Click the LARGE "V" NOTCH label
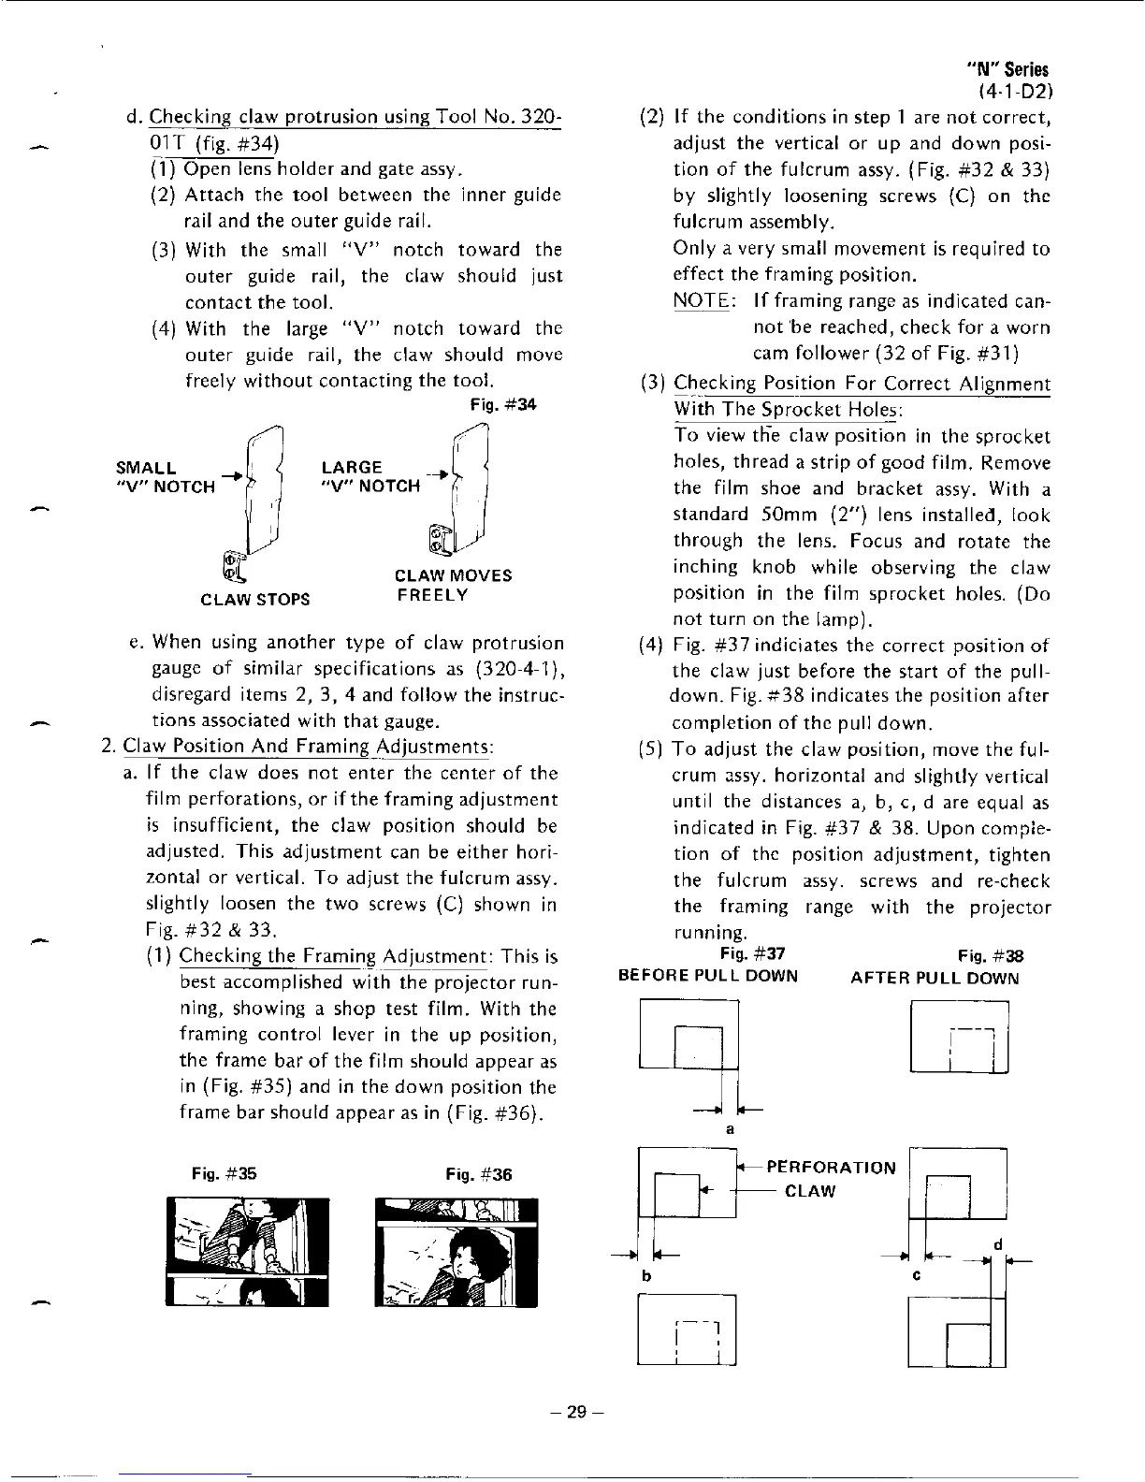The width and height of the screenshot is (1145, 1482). pos(370,476)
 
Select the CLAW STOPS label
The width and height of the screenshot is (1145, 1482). pos(255,599)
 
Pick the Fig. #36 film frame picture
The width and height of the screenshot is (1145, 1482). pos(456,1251)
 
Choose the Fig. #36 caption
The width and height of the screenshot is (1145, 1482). pos(479,1174)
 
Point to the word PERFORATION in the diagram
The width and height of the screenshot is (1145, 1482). pos(831,1168)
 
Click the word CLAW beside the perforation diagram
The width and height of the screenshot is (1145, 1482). pos(809,1191)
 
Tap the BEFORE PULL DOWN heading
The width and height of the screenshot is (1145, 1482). pos(708,977)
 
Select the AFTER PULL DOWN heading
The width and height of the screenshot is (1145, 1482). pos(935,978)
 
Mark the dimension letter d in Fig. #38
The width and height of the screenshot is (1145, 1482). pos(998,1244)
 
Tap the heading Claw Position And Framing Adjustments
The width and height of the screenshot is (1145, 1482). pos(309,747)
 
